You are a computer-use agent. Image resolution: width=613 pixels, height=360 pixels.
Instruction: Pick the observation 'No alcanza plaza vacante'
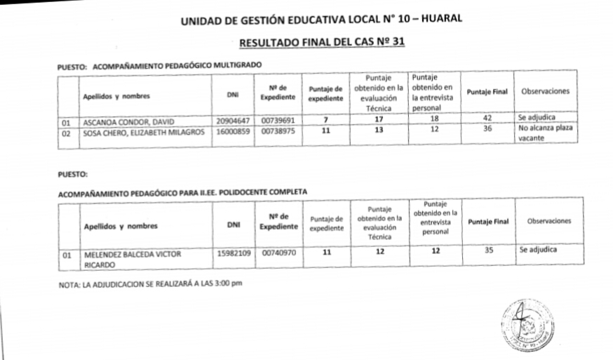click(546, 134)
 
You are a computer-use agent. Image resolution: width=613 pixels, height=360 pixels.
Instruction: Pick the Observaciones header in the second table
click(548, 221)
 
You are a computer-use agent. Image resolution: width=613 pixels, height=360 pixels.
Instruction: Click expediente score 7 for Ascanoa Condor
click(325, 120)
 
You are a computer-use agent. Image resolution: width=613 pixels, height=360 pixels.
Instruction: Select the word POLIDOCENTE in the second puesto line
click(242, 191)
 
